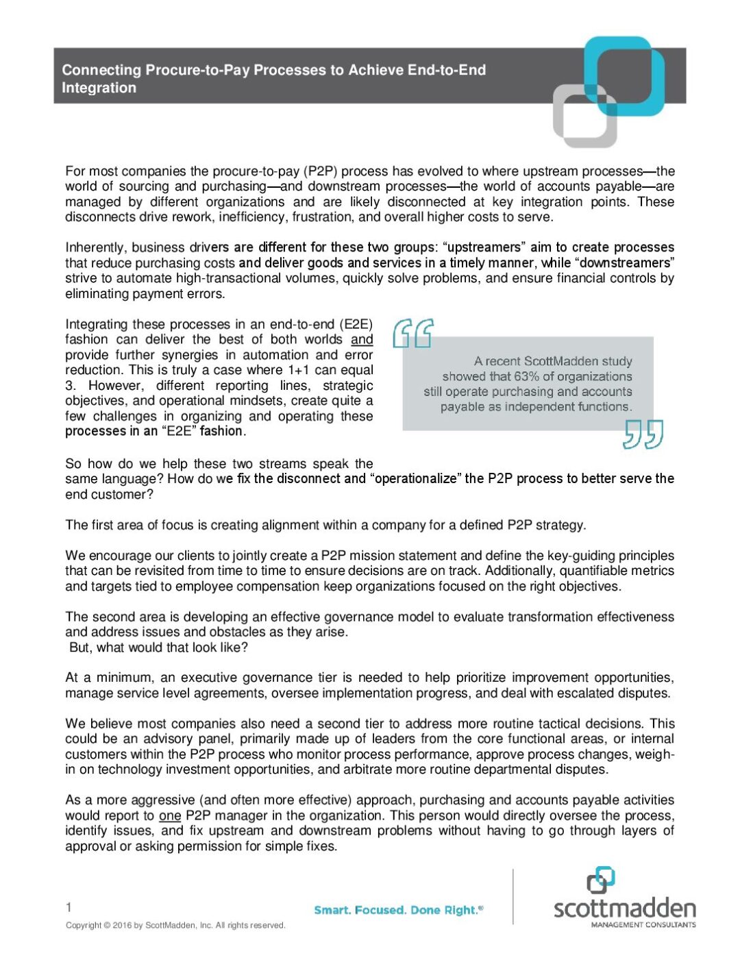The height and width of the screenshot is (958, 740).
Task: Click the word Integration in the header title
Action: (x=99, y=88)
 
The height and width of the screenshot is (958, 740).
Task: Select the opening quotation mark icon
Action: (x=412, y=333)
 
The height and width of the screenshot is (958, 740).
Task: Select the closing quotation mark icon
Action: (x=643, y=434)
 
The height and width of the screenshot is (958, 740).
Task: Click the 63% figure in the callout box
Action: (x=527, y=376)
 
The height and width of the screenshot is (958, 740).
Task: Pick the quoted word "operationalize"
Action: (x=416, y=478)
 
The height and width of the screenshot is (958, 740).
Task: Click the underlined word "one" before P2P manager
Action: (x=170, y=815)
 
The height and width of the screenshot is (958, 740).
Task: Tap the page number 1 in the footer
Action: (x=69, y=907)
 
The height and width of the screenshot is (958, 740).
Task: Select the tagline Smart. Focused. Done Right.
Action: (x=398, y=910)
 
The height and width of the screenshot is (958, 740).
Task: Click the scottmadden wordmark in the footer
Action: (x=624, y=909)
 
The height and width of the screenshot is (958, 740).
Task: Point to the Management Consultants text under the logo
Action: (x=643, y=924)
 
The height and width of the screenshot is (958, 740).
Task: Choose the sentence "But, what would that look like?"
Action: (x=158, y=648)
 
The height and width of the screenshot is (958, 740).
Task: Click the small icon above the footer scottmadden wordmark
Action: (x=600, y=880)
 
